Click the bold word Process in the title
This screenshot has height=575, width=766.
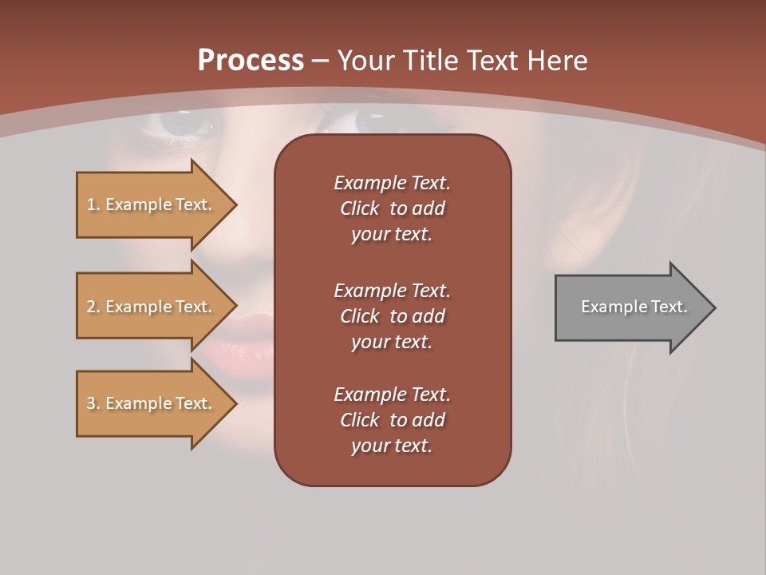click(x=251, y=61)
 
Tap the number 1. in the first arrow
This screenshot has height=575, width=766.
click(x=93, y=204)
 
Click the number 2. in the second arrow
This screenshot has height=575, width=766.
click(x=93, y=307)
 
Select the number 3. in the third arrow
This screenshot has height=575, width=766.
click(x=93, y=403)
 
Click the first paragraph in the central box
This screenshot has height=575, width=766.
click(x=392, y=208)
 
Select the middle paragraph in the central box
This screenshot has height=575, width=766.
click(x=392, y=316)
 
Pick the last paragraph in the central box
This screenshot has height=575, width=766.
click(x=392, y=420)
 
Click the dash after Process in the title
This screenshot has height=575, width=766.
click(x=321, y=61)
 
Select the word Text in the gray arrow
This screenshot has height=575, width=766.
click(x=669, y=307)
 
